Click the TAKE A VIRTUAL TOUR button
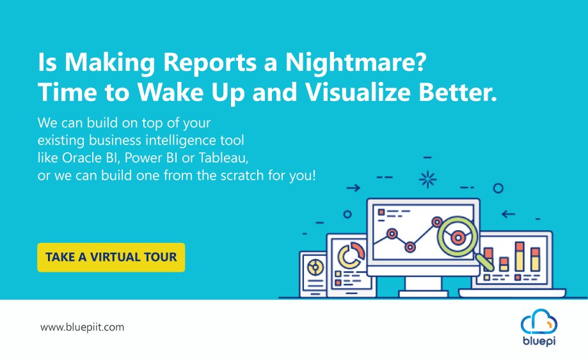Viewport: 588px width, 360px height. point(111,257)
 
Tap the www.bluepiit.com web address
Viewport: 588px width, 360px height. point(82,327)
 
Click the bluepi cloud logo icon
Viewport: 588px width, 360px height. point(539,320)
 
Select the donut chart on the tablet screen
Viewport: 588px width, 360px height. point(350,255)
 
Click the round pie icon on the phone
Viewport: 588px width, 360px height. point(314,264)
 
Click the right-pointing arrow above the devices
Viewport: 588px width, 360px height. point(353,188)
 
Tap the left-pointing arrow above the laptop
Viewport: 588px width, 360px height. point(509,214)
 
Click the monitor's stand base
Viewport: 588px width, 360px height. point(423,293)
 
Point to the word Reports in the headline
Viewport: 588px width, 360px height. point(202,62)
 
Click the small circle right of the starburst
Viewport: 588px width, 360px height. point(498,188)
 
